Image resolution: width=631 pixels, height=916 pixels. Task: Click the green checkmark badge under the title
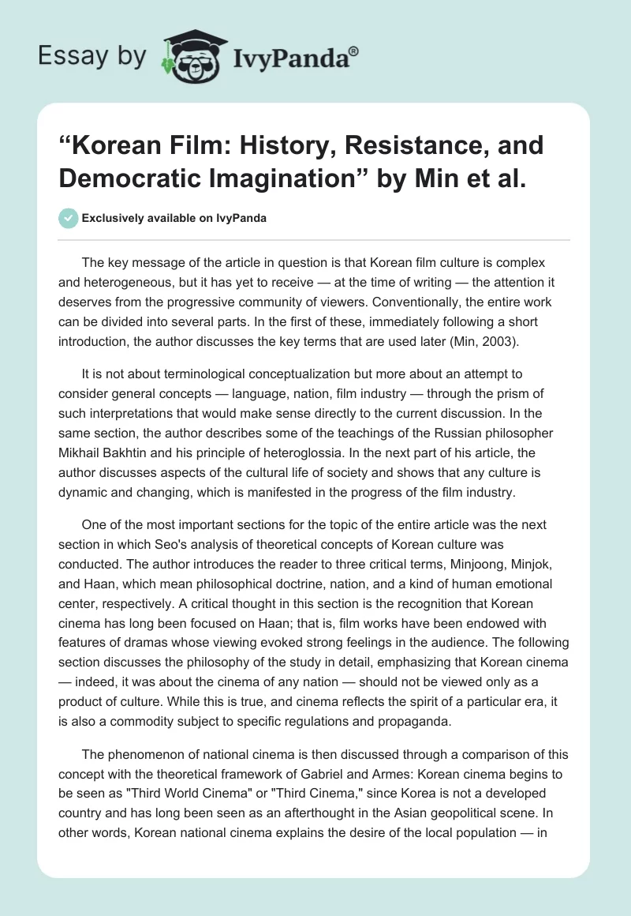pyautogui.click(x=69, y=218)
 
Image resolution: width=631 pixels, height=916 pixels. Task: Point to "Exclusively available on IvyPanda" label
pyautogui.click(x=174, y=219)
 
